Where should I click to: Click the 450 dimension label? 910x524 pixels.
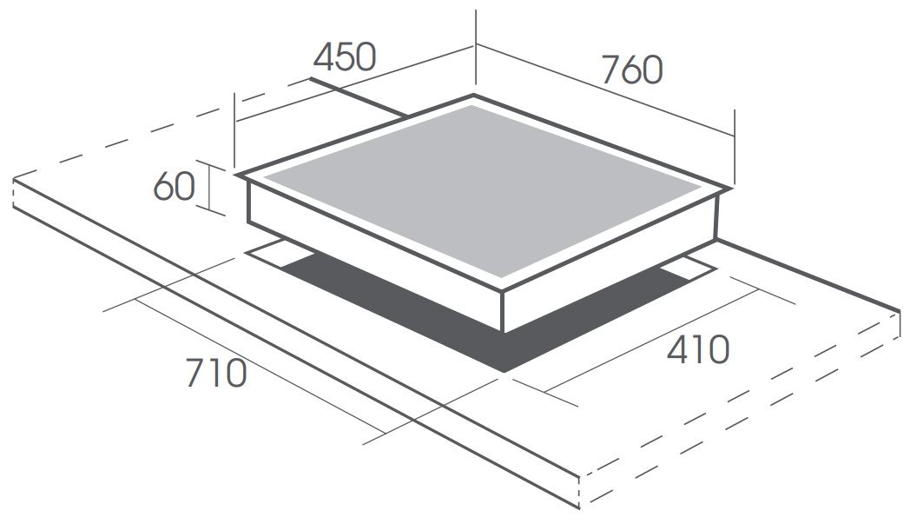345,57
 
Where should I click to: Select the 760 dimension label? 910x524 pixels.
632,70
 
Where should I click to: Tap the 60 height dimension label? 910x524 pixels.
175,187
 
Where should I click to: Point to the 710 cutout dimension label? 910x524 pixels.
216,373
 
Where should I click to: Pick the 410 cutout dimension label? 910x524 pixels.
698,349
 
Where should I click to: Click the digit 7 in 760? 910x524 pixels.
610,70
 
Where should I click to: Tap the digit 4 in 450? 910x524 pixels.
324,57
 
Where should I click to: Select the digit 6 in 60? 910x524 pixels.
163,187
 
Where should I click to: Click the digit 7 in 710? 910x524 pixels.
195,373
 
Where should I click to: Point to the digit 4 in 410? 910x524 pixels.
678,349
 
